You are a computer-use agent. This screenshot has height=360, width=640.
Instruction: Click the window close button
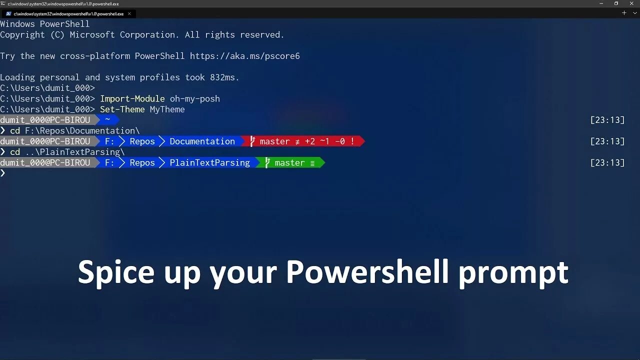tap(631, 3)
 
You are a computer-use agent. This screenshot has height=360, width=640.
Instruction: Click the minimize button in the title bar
tap(601, 3)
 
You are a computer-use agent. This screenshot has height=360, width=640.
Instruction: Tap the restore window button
tap(616, 3)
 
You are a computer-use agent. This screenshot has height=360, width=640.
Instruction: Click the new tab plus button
tap(624, 13)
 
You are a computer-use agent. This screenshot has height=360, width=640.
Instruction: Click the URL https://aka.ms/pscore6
tap(244, 56)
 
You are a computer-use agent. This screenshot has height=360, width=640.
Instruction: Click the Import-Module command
tap(132, 98)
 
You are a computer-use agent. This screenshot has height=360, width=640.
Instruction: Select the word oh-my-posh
tap(194, 98)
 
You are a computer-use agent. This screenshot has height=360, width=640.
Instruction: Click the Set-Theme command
tap(122, 109)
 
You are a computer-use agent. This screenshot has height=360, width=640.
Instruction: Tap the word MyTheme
tap(167, 109)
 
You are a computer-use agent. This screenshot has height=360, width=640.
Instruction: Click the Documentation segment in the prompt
tap(202, 141)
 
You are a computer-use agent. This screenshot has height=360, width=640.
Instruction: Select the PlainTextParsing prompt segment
tap(209, 162)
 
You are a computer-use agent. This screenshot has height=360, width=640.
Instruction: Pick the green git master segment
tap(290, 162)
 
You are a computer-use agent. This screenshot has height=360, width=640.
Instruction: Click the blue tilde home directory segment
tap(107, 120)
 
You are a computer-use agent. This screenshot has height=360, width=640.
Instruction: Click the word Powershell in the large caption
tap(367, 272)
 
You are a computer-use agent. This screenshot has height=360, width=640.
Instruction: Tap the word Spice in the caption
tap(116, 272)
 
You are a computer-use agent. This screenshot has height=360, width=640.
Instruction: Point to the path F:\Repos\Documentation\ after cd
tap(82, 131)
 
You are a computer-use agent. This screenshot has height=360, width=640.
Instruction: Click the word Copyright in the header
tap(22, 35)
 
